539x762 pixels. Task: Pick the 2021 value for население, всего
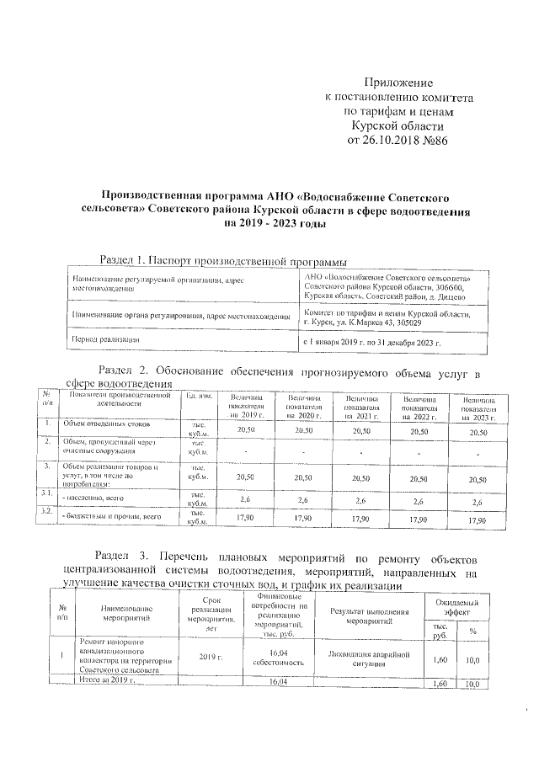pyautogui.click(x=362, y=501)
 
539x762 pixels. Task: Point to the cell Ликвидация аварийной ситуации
pyautogui.click(x=370, y=658)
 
